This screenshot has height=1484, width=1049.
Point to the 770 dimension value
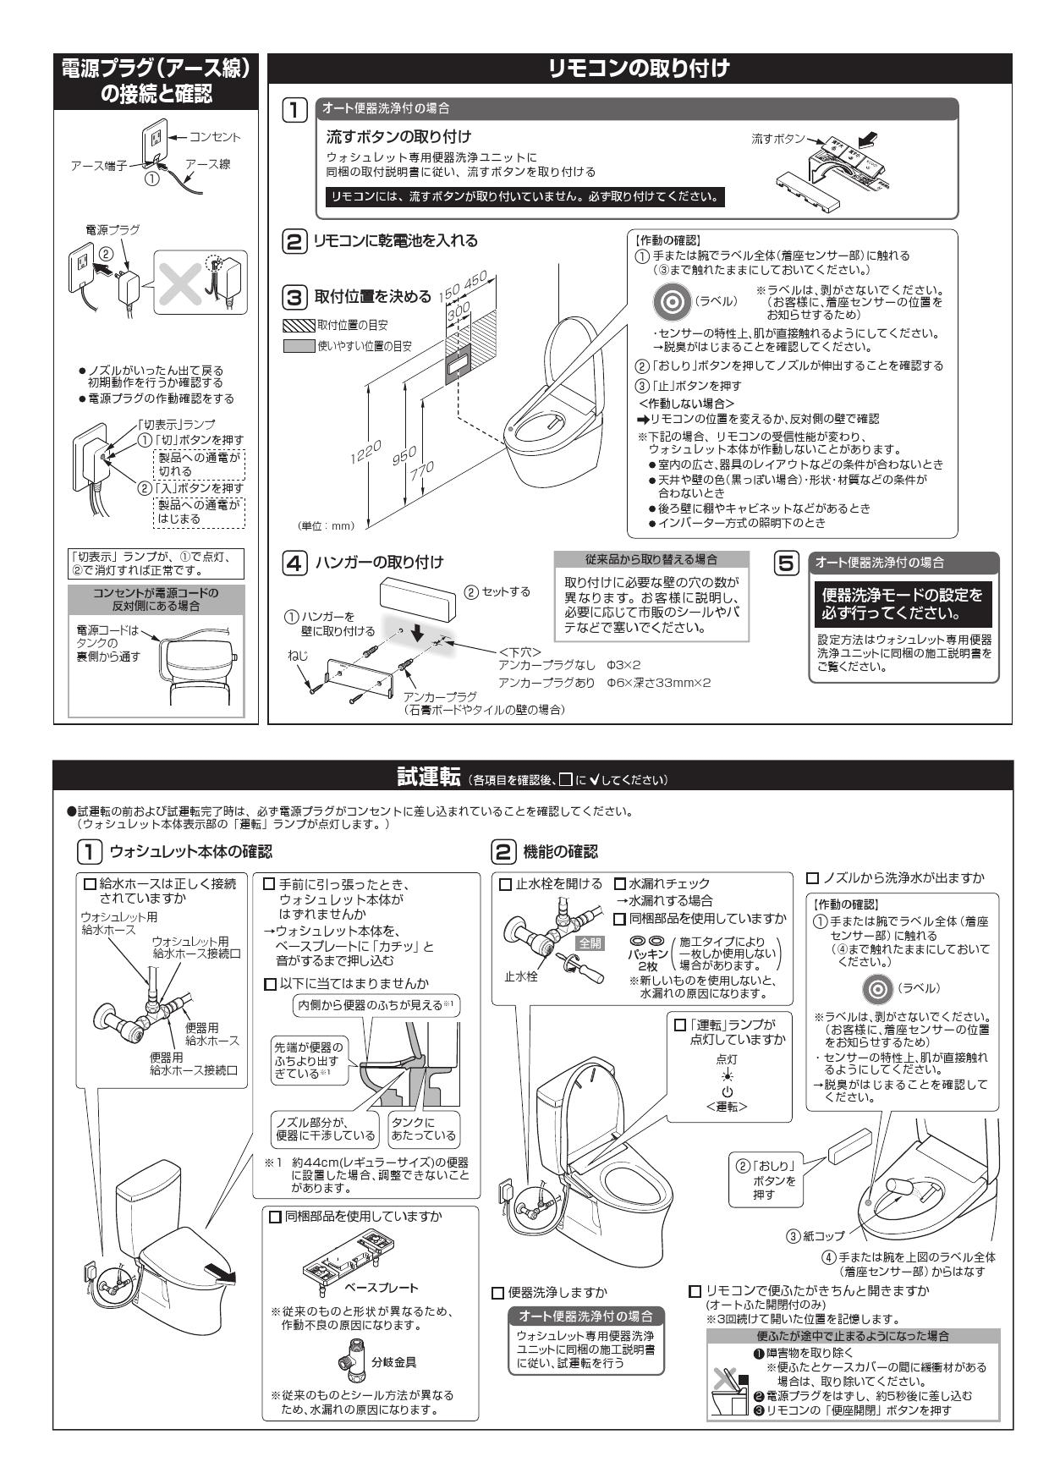click(422, 472)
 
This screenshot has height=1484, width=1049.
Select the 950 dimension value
click(404, 456)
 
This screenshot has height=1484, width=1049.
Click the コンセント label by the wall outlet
click(214, 137)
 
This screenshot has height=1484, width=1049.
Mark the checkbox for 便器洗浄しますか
click(497, 1293)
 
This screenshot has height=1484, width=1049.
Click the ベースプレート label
click(381, 1288)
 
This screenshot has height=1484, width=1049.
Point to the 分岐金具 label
click(394, 1362)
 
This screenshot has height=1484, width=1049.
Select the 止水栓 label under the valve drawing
click(521, 976)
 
